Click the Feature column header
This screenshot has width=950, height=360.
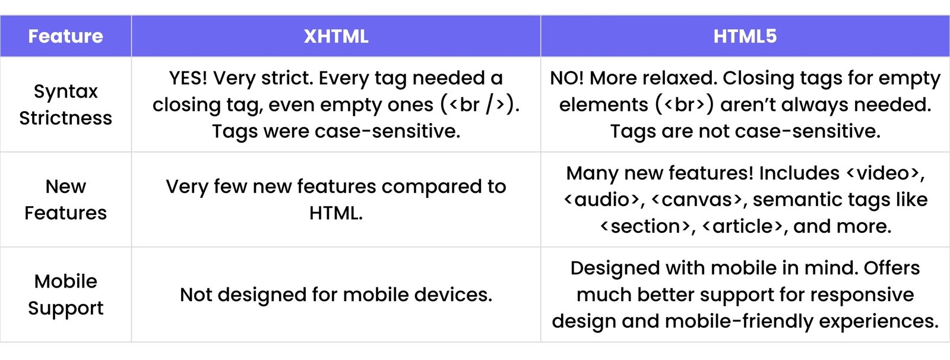65,36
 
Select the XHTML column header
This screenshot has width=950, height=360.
335,36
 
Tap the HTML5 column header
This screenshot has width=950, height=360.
745,36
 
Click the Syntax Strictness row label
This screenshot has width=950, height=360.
65,105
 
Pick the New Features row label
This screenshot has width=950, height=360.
65,200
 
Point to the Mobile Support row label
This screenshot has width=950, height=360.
65,295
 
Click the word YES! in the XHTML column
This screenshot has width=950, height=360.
188,78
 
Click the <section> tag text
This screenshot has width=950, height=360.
646,226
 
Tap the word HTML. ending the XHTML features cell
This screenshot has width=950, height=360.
335,213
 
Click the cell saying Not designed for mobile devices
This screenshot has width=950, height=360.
335,295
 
